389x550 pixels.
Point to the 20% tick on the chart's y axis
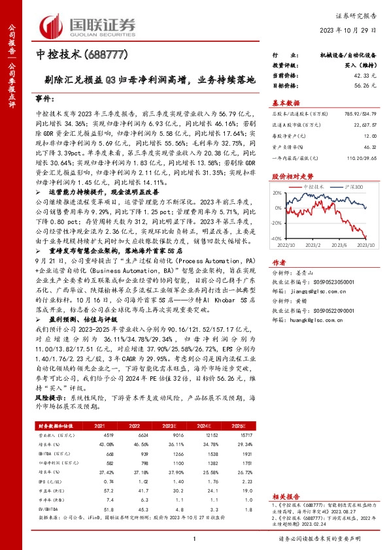click(x=278, y=193)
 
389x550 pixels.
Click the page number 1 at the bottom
click(x=195, y=539)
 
